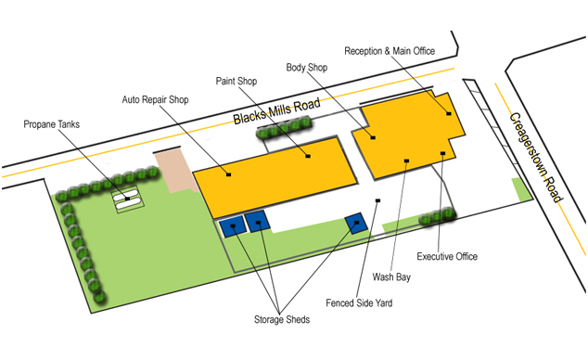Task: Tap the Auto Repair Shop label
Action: pyautogui.click(x=155, y=99)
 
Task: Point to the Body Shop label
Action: pyautogui.click(x=308, y=68)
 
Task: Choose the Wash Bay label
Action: pyautogui.click(x=391, y=276)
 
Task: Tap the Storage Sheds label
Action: pyautogui.click(x=283, y=320)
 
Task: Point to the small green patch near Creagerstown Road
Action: pyautogui.click(x=523, y=186)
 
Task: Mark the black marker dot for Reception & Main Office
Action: pyautogui.click(x=449, y=114)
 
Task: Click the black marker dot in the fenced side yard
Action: pyautogui.click(x=377, y=201)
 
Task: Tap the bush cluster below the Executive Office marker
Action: pyautogui.click(x=438, y=218)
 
